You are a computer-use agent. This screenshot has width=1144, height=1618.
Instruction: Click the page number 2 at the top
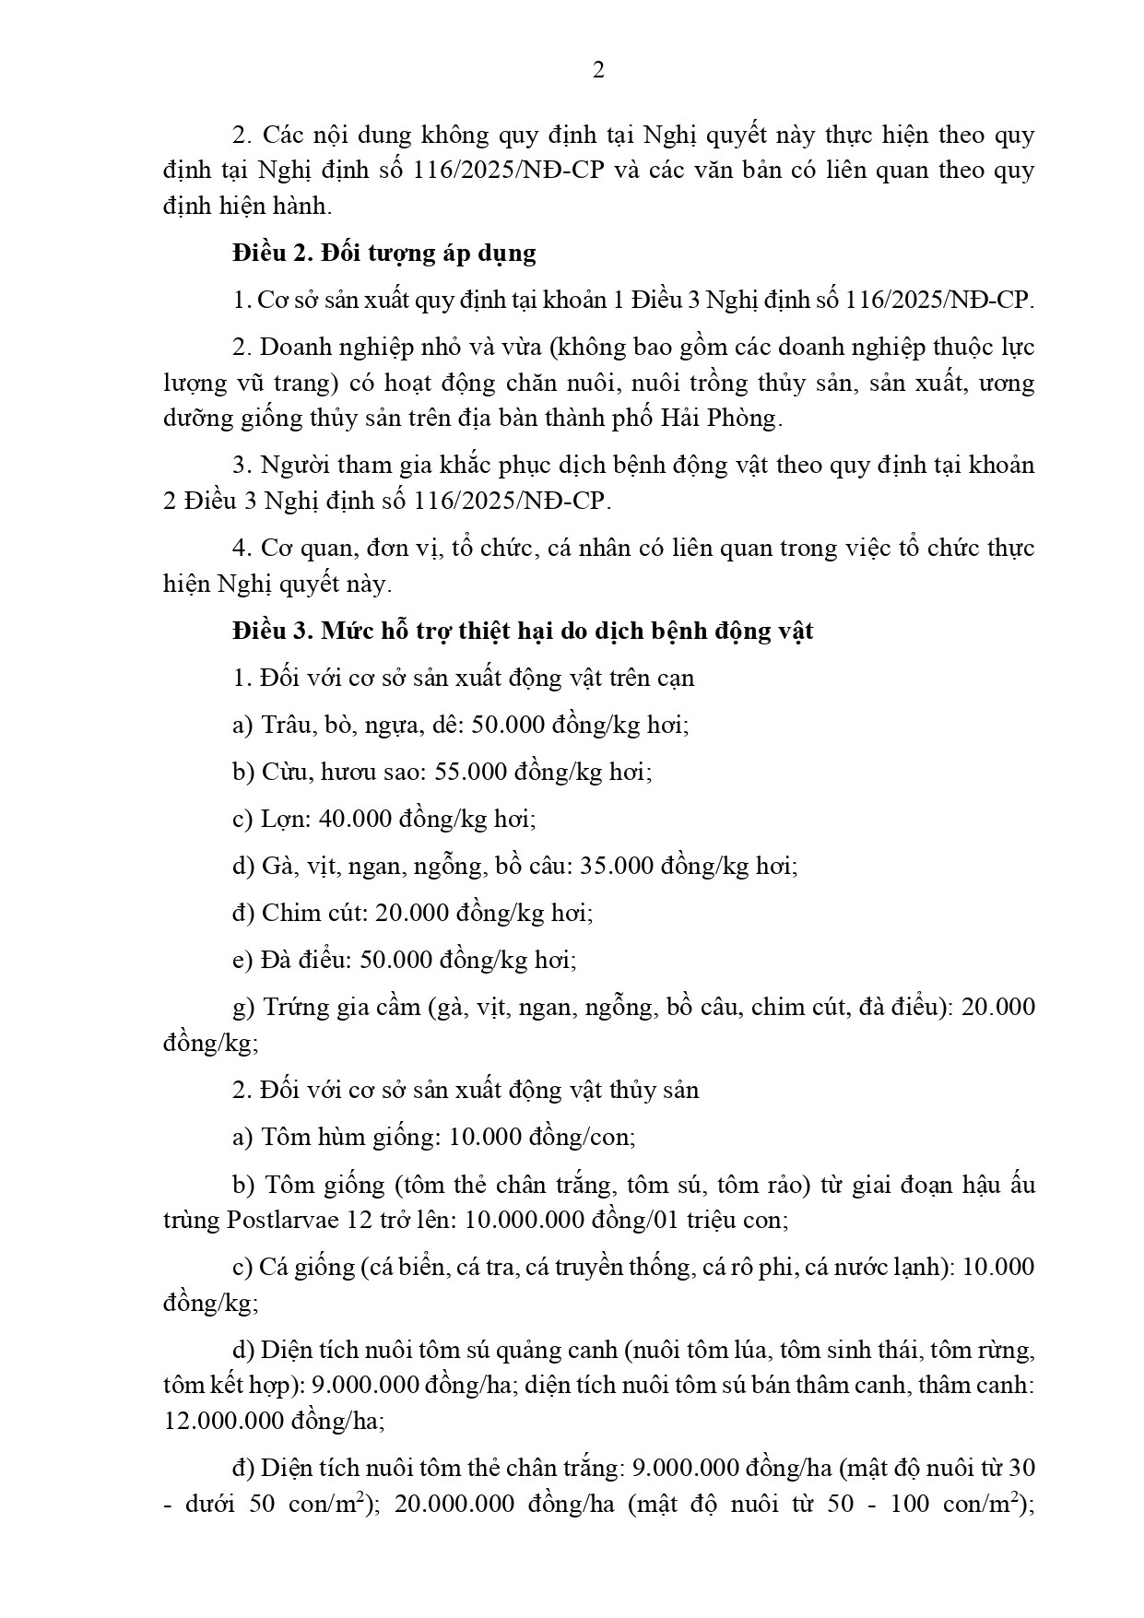tap(598, 71)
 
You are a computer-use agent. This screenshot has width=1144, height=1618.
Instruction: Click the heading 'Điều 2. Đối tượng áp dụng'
tap(383, 253)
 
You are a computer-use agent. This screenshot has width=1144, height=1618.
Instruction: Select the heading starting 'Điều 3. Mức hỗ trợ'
tap(523, 632)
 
